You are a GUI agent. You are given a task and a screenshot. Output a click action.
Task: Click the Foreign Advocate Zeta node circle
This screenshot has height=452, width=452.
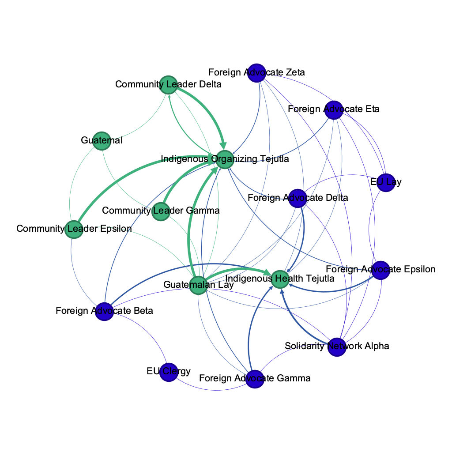(256, 73)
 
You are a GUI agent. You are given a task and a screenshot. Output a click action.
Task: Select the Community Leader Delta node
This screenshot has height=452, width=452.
(168, 85)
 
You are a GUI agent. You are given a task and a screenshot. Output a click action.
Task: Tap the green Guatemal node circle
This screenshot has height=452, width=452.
(102, 141)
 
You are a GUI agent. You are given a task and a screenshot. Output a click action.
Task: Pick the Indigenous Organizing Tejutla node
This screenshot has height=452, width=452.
(225, 159)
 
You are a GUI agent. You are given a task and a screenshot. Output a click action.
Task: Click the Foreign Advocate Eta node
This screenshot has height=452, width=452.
(334, 110)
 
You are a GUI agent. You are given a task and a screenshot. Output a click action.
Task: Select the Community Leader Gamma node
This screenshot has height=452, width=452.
(161, 211)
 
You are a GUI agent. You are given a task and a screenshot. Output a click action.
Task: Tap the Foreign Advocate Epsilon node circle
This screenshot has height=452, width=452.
(380, 270)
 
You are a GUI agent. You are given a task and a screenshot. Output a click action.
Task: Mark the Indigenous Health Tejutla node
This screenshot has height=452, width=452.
(280, 279)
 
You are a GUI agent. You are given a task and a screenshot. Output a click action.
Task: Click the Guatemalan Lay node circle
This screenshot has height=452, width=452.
(198, 286)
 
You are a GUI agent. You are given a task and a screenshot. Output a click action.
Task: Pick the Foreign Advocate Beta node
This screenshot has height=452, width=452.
(105, 312)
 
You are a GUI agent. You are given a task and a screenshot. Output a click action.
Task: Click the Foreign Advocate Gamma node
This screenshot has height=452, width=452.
(255, 379)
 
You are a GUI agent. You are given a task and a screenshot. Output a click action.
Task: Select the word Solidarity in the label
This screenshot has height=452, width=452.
(304, 346)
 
